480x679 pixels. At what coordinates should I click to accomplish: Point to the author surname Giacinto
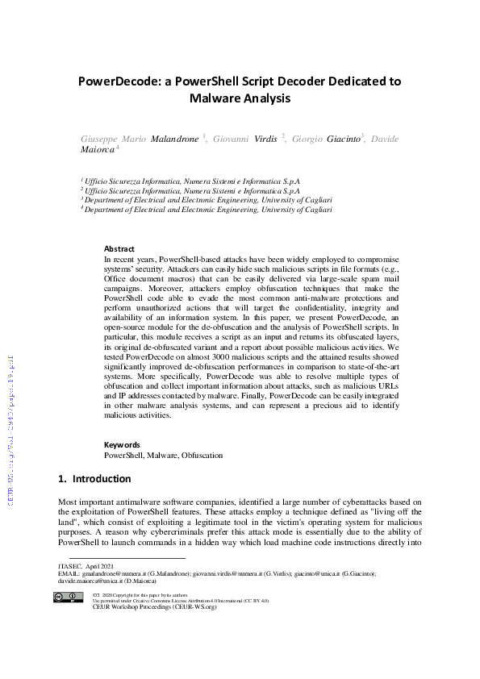coord(332,139)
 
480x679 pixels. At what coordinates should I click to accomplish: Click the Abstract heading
coord(119,249)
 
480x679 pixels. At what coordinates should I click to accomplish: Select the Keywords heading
coord(122,444)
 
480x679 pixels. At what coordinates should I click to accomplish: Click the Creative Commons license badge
coord(69,598)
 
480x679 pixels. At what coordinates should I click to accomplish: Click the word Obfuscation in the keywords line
coord(202,456)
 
